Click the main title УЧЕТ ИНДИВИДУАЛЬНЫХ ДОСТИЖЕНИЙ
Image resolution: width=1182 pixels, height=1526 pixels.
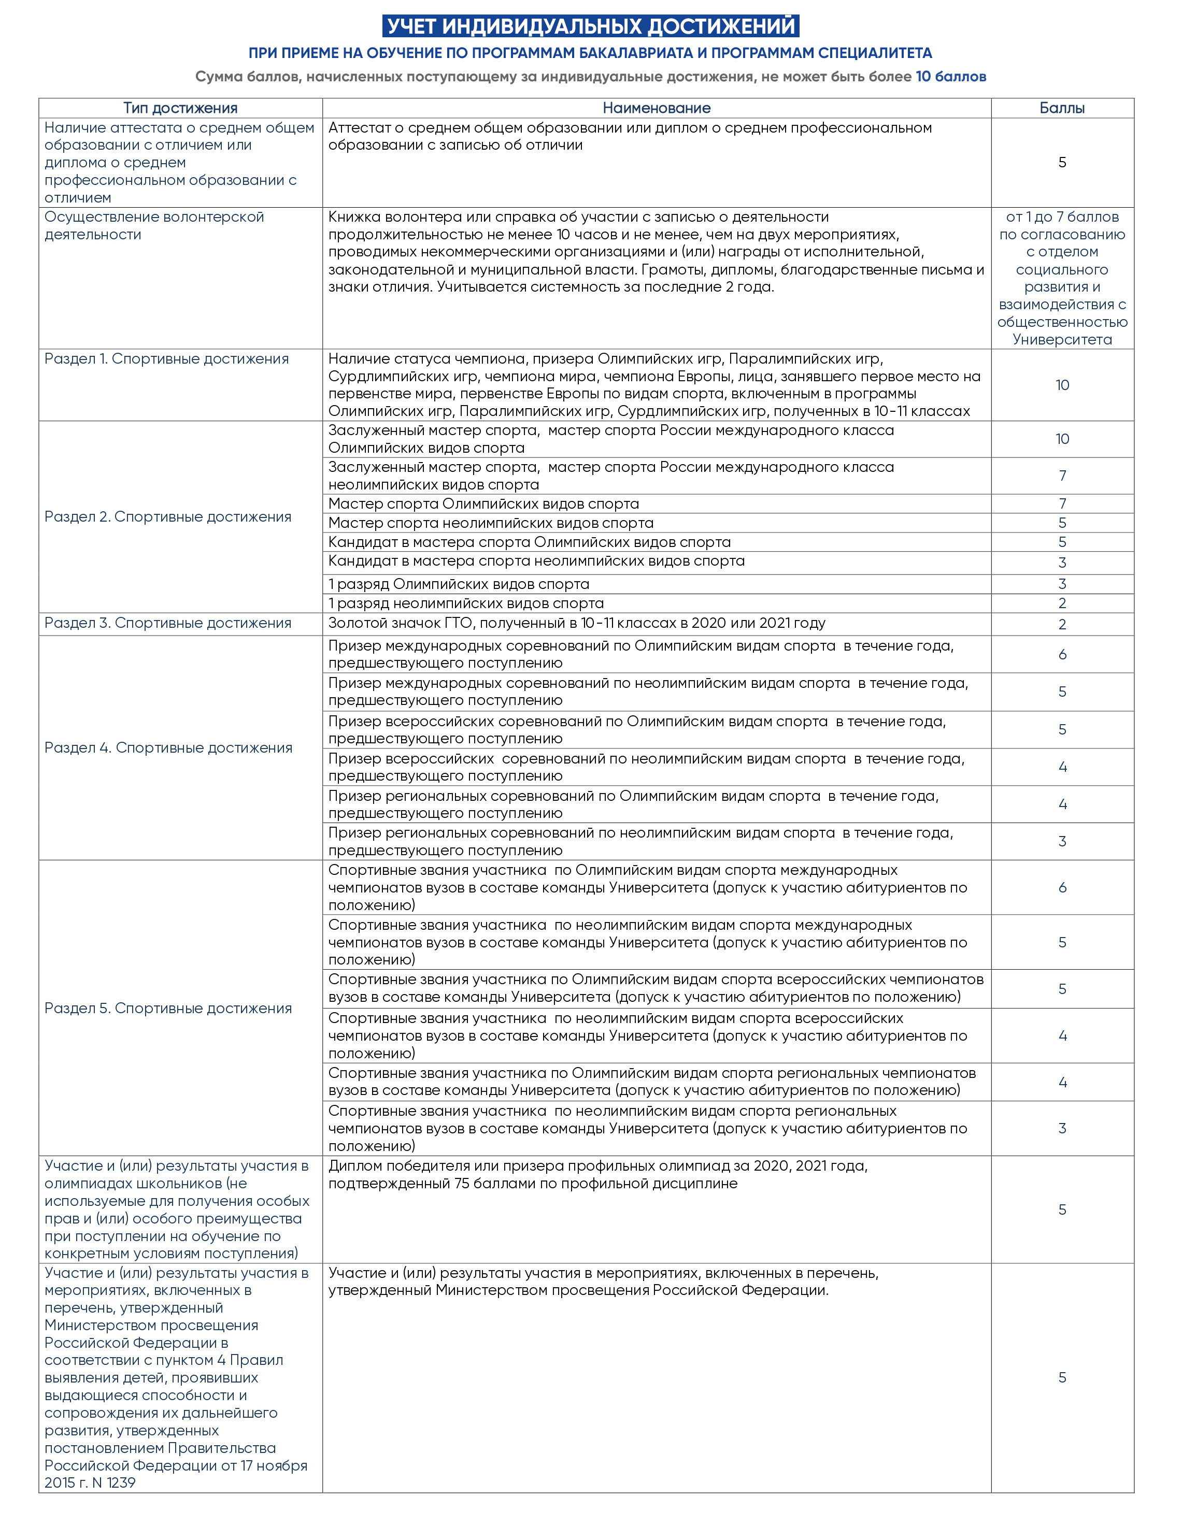pos(591,26)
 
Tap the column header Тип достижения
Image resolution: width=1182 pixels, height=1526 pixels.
pos(180,108)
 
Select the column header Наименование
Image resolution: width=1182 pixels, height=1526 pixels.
pos(657,108)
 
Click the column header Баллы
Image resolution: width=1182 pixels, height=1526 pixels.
pos(1062,108)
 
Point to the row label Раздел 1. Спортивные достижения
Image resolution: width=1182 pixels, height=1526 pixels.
pos(166,359)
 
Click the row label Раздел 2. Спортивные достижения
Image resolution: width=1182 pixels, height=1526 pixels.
pos(168,517)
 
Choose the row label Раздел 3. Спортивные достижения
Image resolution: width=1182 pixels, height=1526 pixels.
pos(168,623)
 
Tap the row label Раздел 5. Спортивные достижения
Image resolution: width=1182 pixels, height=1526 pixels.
pos(168,1008)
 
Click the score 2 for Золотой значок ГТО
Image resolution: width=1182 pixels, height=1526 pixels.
pos(1062,625)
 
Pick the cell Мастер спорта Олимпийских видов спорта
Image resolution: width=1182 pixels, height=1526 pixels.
pos(483,504)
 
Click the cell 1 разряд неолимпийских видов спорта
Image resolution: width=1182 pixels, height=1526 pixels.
pos(466,603)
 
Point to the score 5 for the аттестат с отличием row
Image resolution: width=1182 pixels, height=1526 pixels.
pos(1062,163)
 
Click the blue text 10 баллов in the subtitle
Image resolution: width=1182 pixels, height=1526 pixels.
pos(951,77)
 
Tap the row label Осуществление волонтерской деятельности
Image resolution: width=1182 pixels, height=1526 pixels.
pos(154,226)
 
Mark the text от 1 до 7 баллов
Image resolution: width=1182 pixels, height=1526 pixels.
pos(1062,218)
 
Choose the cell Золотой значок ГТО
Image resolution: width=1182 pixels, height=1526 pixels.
pos(577,623)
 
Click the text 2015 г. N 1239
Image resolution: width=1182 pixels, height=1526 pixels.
pos(90,1482)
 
